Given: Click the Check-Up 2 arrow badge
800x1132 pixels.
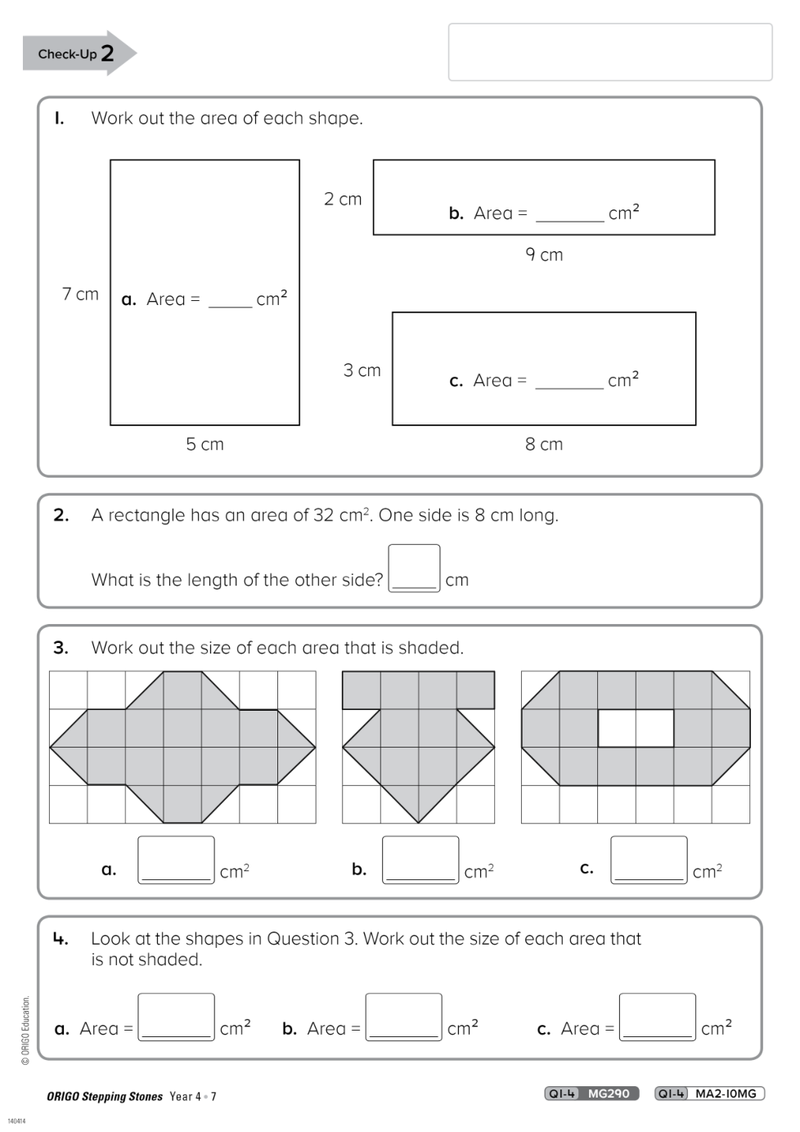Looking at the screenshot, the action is [x=79, y=53].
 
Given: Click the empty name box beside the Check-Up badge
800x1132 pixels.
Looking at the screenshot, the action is [x=610, y=52].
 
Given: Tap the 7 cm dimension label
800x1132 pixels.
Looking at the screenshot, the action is [x=80, y=294].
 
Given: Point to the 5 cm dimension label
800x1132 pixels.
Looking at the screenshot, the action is [x=204, y=443].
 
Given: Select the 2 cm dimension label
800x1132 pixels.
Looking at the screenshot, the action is [x=343, y=199].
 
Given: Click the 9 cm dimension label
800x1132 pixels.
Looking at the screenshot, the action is [x=544, y=254].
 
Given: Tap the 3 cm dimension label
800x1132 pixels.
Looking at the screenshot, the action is [x=362, y=370].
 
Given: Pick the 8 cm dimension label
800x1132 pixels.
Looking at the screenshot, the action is [x=544, y=443].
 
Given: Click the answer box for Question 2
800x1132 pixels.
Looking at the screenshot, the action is [x=414, y=568].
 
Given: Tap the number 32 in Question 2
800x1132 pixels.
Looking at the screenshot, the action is [x=323, y=515].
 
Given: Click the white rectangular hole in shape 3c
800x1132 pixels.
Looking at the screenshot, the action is [x=636, y=728].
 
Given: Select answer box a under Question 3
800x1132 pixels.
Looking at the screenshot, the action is [x=176, y=860].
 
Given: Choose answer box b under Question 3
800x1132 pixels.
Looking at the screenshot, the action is [x=420, y=860].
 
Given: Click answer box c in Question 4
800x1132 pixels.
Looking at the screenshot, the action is [x=658, y=1017].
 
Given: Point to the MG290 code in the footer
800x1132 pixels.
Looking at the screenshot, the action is [x=609, y=1094].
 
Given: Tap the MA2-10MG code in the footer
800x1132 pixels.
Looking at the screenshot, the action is [x=726, y=1094].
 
